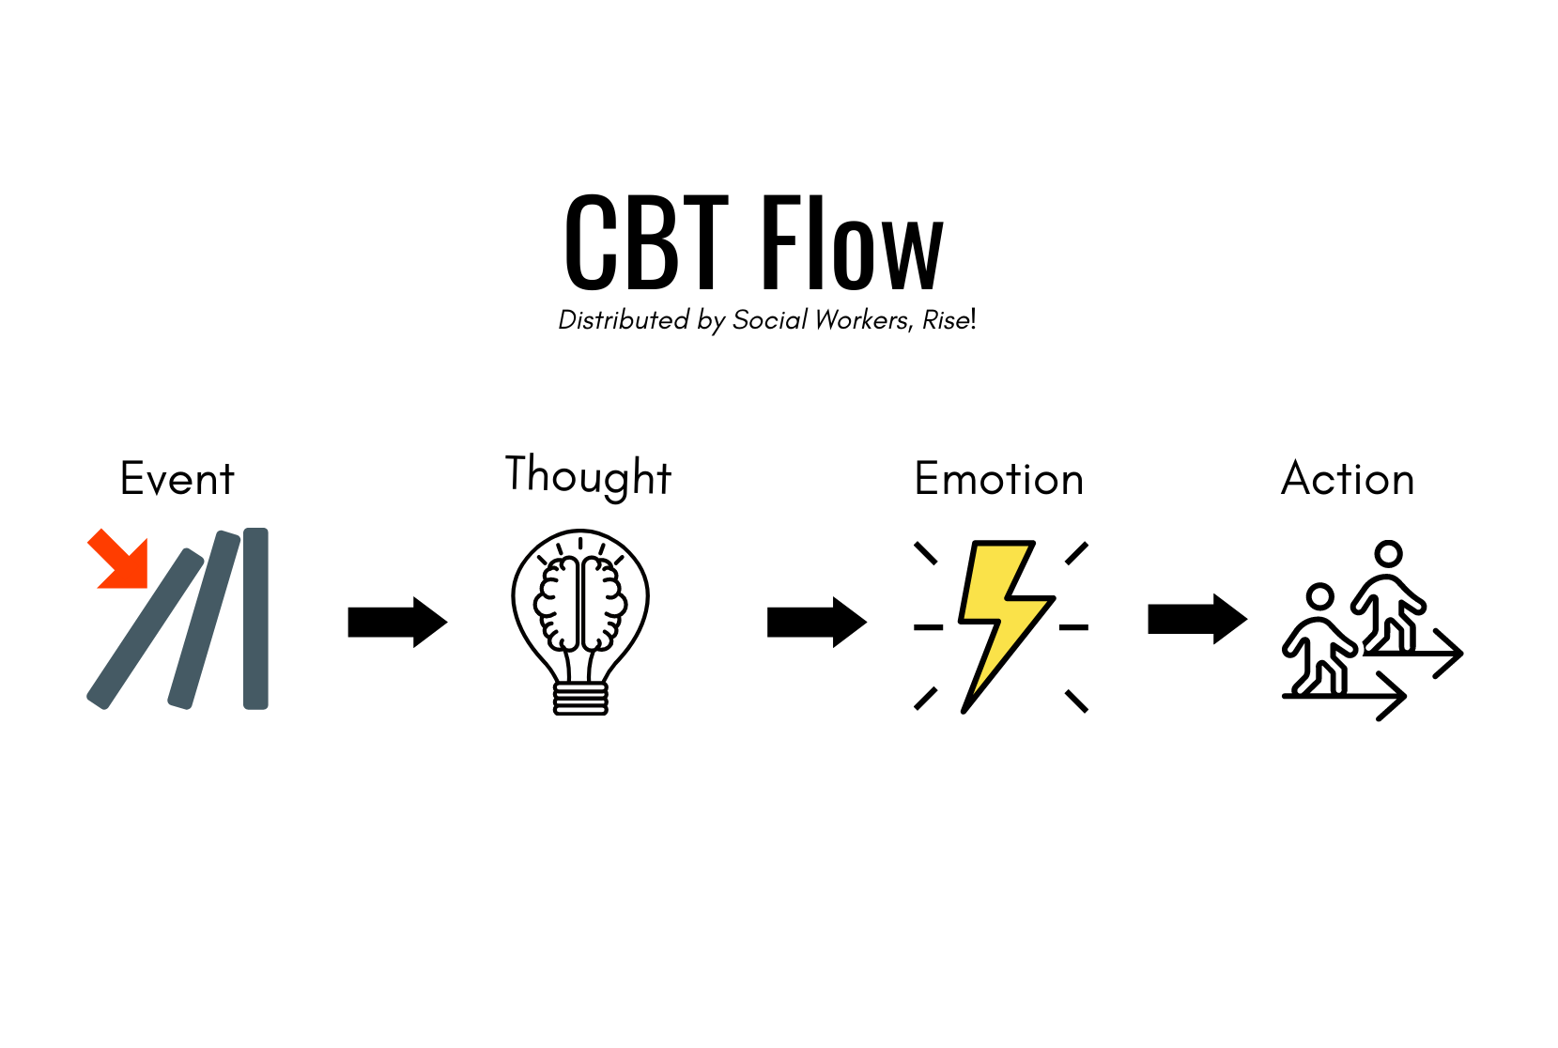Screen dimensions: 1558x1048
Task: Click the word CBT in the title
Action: point(646,242)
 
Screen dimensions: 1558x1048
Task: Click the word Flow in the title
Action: point(853,242)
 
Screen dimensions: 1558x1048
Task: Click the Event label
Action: point(177,478)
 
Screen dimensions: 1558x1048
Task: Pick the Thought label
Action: point(589,476)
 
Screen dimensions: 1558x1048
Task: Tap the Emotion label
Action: point(999,478)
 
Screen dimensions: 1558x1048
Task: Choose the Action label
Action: point(1348,478)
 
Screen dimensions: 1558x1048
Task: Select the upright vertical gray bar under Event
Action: point(256,618)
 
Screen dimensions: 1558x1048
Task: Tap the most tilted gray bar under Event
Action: point(145,628)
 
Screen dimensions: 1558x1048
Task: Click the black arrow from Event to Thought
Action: point(398,622)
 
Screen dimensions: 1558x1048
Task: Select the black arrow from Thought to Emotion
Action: point(817,622)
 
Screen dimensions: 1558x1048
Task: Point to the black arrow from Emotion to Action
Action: point(1197,619)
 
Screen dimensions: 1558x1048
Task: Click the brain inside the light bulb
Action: point(580,603)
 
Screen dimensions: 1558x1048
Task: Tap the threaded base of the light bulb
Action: point(580,699)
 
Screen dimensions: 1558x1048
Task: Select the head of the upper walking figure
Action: point(1388,554)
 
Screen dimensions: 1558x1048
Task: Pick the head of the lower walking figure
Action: point(1319,596)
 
